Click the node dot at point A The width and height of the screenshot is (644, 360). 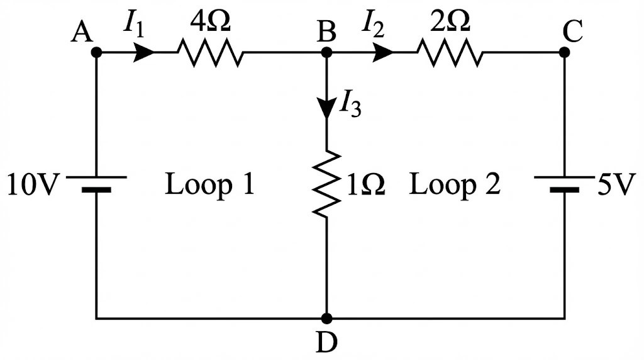point(96,52)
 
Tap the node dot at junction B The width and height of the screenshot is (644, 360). point(326,52)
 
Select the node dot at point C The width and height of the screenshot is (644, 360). point(564,52)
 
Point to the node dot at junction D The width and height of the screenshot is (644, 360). point(326,318)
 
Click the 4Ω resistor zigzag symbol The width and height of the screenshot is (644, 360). point(210,52)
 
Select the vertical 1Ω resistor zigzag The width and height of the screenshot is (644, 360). point(326,184)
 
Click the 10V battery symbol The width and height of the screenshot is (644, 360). point(96,183)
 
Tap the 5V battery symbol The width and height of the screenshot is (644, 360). point(564,183)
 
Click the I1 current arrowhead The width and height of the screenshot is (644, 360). point(145,52)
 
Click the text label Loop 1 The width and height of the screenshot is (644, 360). point(209,185)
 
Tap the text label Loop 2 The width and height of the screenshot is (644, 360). point(455,185)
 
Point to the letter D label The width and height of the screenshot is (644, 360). point(326,343)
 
